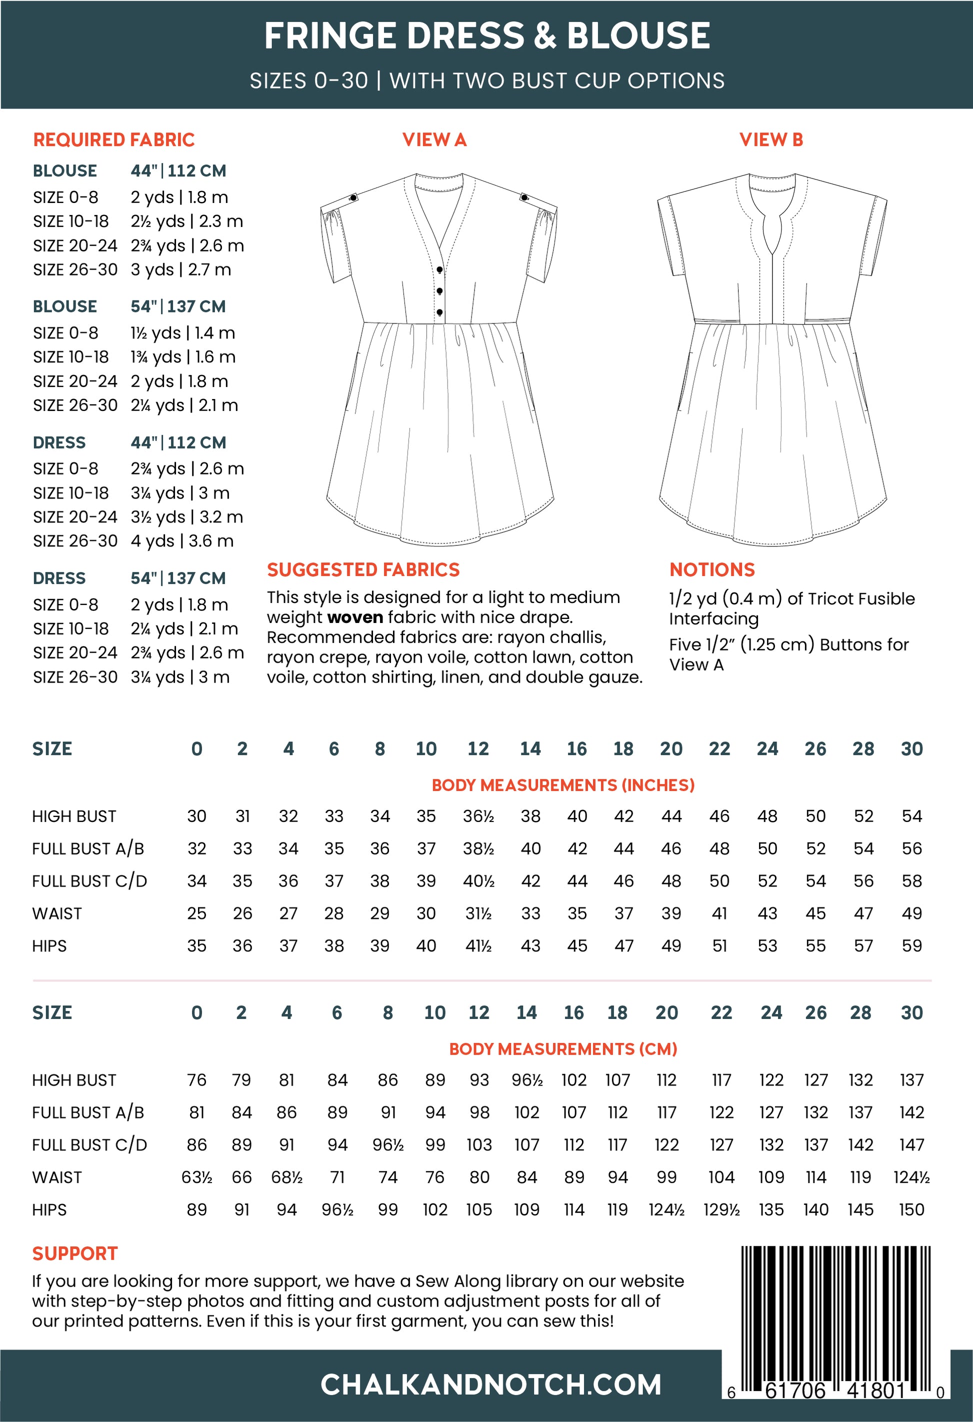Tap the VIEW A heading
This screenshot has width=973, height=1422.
pyautogui.click(x=434, y=139)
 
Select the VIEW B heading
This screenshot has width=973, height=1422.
pyautogui.click(x=771, y=139)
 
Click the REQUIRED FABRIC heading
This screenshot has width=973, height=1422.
pyautogui.click(x=114, y=139)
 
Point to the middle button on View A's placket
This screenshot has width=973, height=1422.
pyautogui.click(x=439, y=290)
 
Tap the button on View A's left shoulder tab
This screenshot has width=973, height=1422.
pyautogui.click(x=353, y=197)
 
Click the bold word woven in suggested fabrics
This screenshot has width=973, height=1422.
pyautogui.click(x=355, y=617)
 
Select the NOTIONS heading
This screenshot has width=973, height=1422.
pyautogui.click(x=711, y=569)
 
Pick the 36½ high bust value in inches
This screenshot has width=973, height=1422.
pyautogui.click(x=478, y=816)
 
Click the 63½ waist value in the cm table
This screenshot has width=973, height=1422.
pyautogui.click(x=196, y=1177)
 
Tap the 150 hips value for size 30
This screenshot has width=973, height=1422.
pyautogui.click(x=911, y=1209)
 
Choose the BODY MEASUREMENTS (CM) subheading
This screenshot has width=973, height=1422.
pyautogui.click(x=563, y=1049)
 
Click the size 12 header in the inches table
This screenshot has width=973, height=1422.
pyautogui.click(x=478, y=749)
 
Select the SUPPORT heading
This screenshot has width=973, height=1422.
pyautogui.click(x=74, y=1253)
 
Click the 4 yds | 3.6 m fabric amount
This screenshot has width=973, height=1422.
pyautogui.click(x=181, y=541)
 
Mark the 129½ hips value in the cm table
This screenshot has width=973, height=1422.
pyautogui.click(x=721, y=1209)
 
